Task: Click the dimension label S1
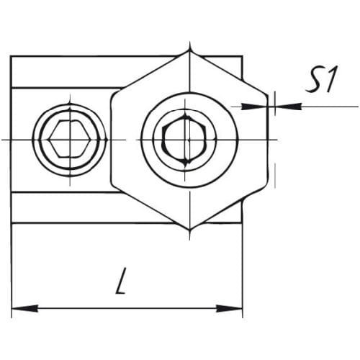click(322, 80)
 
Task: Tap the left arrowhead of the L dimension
click(24, 308)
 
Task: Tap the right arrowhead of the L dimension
click(229, 308)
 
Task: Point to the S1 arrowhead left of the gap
click(254, 107)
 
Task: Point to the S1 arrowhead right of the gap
click(289, 107)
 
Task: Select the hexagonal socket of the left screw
click(70, 139)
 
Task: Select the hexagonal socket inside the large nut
click(184, 140)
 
